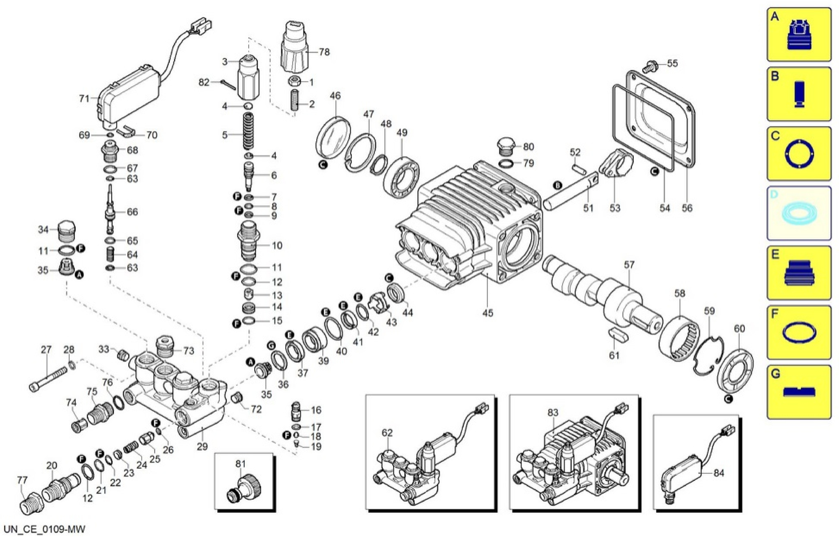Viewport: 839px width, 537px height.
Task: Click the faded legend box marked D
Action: pos(799,213)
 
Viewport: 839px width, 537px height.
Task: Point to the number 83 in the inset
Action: pos(553,413)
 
